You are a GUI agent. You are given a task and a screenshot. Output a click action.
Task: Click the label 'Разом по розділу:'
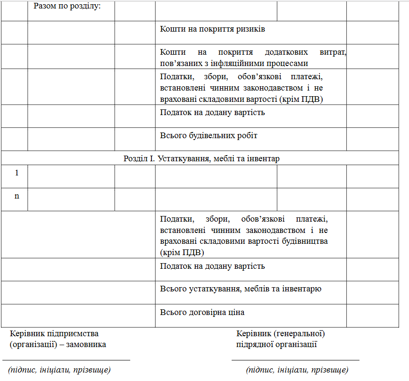pos(67,7)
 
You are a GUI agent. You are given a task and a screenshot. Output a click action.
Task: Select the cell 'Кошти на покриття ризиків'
pos(212,29)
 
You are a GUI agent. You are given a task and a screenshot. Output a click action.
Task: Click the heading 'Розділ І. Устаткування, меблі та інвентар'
pos(201,158)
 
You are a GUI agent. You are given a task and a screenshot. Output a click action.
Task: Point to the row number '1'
pos(17,173)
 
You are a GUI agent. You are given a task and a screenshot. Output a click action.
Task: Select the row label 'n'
pos(17,196)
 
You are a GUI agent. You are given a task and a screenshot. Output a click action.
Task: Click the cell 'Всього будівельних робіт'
pos(209,136)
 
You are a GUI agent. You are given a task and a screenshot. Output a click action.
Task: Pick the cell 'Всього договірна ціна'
pos(202,312)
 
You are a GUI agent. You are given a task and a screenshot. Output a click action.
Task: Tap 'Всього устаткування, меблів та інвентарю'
pos(241,289)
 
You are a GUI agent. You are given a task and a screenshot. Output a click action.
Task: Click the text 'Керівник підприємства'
pos(54,334)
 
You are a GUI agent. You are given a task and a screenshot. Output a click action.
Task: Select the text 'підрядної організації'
pos(276,344)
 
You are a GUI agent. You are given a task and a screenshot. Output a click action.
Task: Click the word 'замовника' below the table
pos(86,344)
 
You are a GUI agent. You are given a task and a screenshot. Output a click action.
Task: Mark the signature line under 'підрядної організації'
pos(295,360)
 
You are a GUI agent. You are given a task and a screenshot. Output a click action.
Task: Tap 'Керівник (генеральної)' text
pos(280,334)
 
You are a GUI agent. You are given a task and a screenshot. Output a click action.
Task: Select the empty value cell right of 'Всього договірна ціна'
pos(372,315)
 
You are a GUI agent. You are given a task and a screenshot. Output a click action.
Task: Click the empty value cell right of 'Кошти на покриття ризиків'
pos(372,33)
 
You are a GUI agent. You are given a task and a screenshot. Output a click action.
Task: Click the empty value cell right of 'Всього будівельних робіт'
pos(372,139)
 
